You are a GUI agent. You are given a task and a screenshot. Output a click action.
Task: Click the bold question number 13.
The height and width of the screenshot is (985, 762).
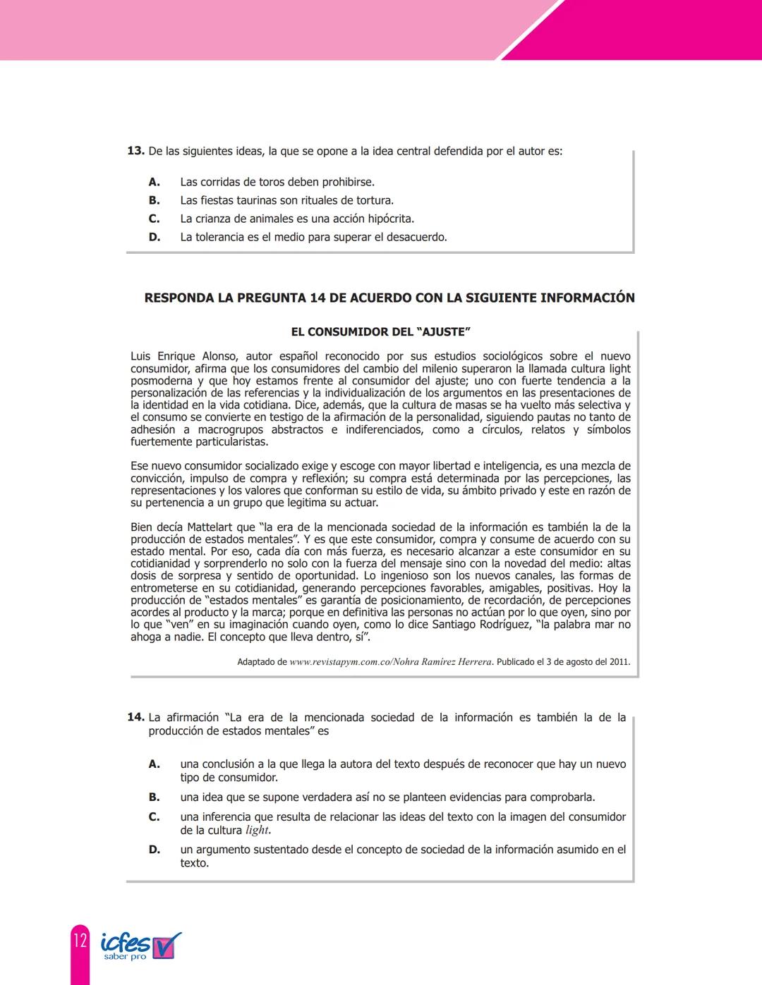(x=135, y=151)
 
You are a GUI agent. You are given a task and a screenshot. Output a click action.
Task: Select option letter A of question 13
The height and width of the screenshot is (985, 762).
(x=154, y=182)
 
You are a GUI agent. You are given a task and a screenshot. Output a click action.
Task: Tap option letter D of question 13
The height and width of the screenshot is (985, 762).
(x=155, y=237)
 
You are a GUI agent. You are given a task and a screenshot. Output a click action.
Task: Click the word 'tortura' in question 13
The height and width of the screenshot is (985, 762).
(x=373, y=200)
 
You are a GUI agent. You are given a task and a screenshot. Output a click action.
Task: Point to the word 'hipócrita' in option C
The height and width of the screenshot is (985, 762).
(x=389, y=219)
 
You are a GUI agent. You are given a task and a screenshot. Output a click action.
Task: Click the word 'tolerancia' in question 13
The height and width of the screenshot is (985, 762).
(x=217, y=237)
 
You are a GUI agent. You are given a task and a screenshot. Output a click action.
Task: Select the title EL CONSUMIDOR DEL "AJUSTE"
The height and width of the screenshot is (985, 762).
(x=380, y=331)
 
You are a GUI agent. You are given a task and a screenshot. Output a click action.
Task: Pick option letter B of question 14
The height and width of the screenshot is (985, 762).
(x=154, y=797)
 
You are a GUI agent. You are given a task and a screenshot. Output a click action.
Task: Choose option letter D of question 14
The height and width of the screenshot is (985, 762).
(x=155, y=850)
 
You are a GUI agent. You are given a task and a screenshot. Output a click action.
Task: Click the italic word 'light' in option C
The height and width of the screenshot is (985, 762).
(x=257, y=830)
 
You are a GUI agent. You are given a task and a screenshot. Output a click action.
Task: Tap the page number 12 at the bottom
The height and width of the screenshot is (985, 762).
(x=80, y=941)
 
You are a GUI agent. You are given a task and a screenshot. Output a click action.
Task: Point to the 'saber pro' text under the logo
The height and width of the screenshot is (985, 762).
(x=125, y=957)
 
